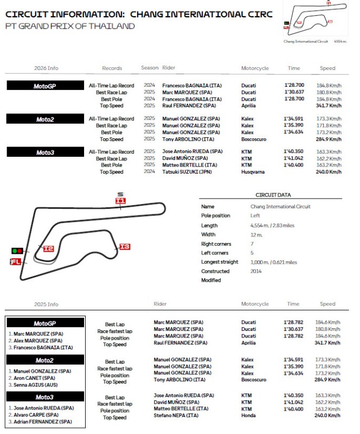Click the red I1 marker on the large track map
pyautogui.click(x=120, y=201)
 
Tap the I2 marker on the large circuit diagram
pyautogui.click(x=48, y=248)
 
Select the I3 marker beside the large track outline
pyautogui.click(x=125, y=247)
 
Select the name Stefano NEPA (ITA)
pyautogui.click(x=177, y=416)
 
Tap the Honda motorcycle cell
pyautogui.click(x=248, y=416)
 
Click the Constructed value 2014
pyautogui.click(x=256, y=271)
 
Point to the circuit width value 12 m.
pyautogui.click(x=256, y=234)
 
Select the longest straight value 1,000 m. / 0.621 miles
pyautogui.click(x=273, y=262)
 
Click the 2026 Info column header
pyautogui.click(x=46, y=68)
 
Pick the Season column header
pyautogui.click(x=150, y=68)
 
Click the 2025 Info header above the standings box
pyautogui.click(x=46, y=304)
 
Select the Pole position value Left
pyautogui.click(x=255, y=215)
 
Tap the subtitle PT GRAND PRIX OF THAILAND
pyautogui.click(x=70, y=26)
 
